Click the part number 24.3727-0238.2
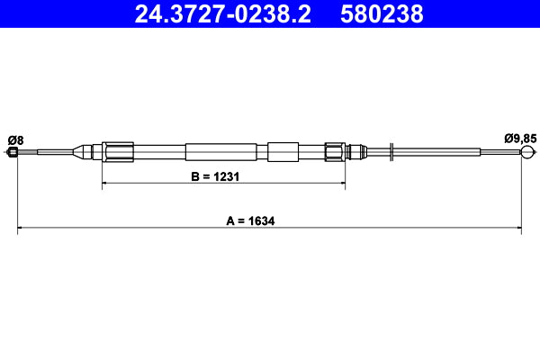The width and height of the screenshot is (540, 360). point(221,13)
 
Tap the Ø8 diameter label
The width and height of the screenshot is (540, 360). point(15,139)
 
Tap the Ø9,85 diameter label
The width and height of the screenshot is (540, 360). point(519,139)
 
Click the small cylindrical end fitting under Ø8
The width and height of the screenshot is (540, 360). point(13,152)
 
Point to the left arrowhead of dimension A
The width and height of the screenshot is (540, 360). point(21,229)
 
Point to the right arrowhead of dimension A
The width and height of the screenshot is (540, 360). point(518,229)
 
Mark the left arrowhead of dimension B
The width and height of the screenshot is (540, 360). point(107,184)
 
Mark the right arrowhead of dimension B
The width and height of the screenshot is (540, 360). point(342,184)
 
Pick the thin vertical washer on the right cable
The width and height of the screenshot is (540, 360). point(392,152)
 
